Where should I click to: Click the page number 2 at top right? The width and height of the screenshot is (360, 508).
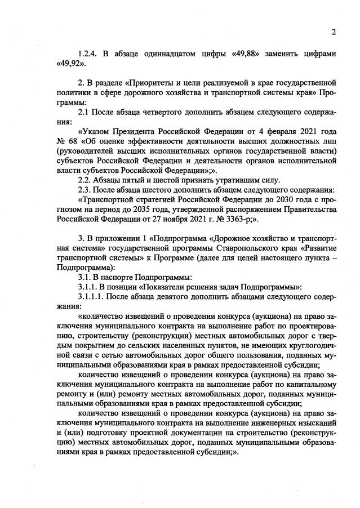(x=334, y=32)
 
